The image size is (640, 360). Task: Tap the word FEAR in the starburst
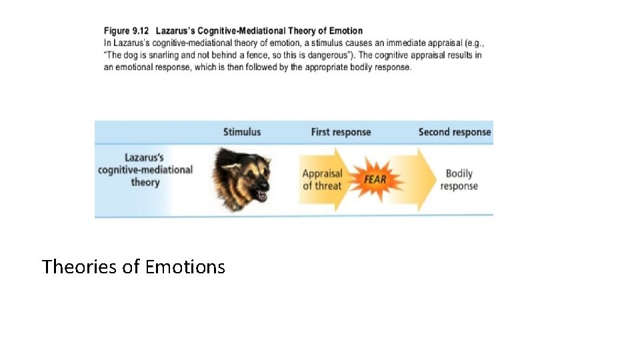point(375,179)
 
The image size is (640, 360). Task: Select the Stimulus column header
point(242,132)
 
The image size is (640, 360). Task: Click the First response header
point(341,132)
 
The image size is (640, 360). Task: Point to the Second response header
point(455,132)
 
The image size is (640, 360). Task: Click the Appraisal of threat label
point(323,179)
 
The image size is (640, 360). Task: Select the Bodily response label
point(459,179)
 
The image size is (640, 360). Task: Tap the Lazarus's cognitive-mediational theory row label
point(145,170)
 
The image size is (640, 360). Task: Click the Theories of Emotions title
point(133,267)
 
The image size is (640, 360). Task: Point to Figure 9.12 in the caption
point(126,31)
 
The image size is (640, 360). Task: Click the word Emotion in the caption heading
point(346,31)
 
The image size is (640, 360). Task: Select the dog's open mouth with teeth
point(261,195)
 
